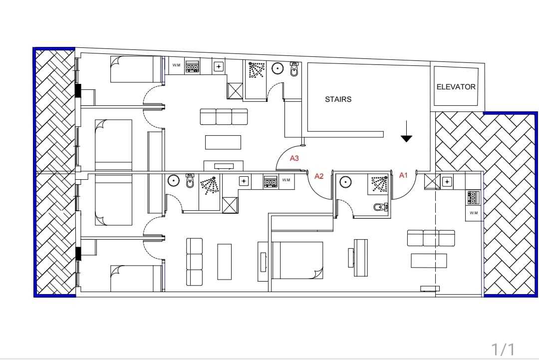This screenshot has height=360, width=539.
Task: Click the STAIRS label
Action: point(338,99)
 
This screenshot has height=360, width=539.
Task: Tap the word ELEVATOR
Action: point(456,87)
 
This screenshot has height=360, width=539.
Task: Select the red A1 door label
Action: point(403,175)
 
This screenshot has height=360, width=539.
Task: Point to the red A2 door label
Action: point(319,176)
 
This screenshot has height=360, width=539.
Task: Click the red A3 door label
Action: point(294,158)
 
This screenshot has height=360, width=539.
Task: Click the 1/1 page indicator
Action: point(503,350)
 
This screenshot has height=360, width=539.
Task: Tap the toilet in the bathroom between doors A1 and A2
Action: point(380,207)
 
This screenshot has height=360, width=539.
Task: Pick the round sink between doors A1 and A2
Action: point(345,182)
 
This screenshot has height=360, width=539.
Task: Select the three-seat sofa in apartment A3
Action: point(224,116)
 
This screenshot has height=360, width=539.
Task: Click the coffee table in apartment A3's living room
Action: point(223,142)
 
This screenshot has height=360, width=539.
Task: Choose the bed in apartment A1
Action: point(297,260)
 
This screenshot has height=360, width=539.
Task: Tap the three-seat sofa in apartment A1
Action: point(431,238)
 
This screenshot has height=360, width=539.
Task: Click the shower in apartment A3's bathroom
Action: point(257,70)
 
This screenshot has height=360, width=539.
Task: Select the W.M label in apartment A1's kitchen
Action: point(474,213)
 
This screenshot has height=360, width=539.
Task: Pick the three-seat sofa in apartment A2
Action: point(194,262)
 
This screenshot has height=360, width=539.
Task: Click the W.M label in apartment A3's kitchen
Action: point(176,65)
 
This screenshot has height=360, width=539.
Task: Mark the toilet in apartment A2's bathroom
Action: point(190,181)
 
